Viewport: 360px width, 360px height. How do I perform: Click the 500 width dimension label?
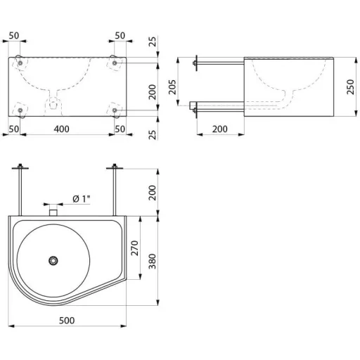[67, 321]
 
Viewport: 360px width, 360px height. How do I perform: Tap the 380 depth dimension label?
[153, 261]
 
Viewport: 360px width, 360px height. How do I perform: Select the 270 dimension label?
[135, 247]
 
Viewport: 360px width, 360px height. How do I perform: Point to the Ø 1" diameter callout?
[82, 199]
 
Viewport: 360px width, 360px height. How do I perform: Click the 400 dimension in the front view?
[62, 129]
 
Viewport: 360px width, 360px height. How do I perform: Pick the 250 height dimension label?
[350, 87]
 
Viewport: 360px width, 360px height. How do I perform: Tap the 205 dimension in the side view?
[172, 87]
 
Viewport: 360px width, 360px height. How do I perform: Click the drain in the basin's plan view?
[53, 261]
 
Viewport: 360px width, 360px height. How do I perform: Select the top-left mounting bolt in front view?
[20, 63]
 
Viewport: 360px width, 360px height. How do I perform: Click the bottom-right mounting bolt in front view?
[115, 110]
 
